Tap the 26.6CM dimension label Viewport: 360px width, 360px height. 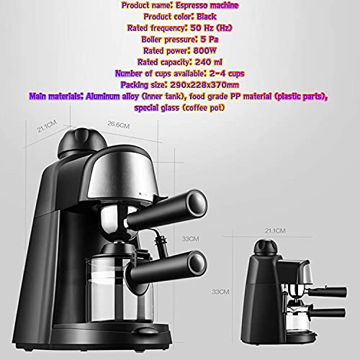click(x=119, y=124)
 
